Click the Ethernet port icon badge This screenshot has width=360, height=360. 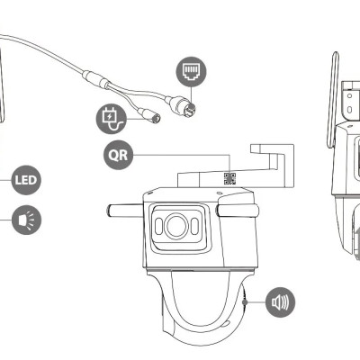[191, 69]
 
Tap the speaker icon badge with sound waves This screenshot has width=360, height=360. [280, 301]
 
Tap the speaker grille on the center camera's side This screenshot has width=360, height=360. [246, 301]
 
